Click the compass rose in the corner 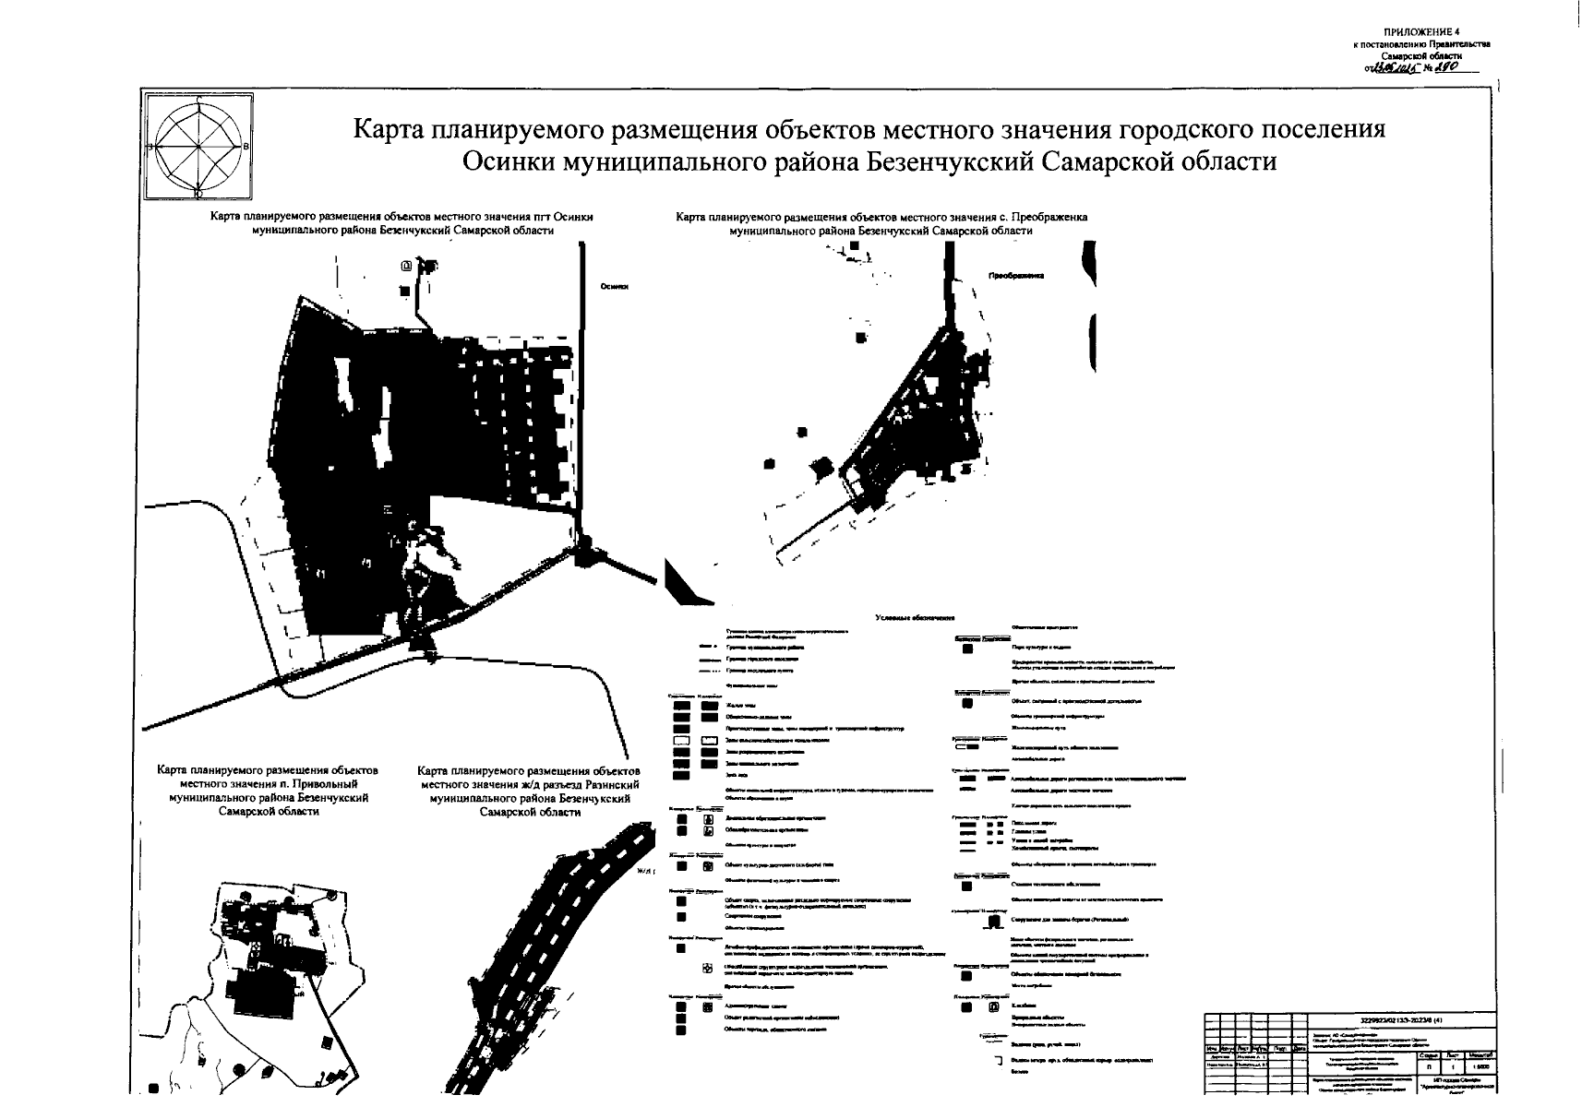click(x=198, y=147)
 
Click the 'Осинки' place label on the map click(x=614, y=287)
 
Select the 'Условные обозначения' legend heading click(x=915, y=618)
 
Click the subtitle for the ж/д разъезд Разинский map click(x=529, y=792)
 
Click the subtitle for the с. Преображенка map click(x=881, y=224)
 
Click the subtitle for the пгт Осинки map click(x=401, y=224)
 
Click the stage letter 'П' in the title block click(x=1427, y=1065)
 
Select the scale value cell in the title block click(x=1480, y=1065)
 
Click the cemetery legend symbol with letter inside click(x=993, y=1007)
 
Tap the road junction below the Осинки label click(x=582, y=540)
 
